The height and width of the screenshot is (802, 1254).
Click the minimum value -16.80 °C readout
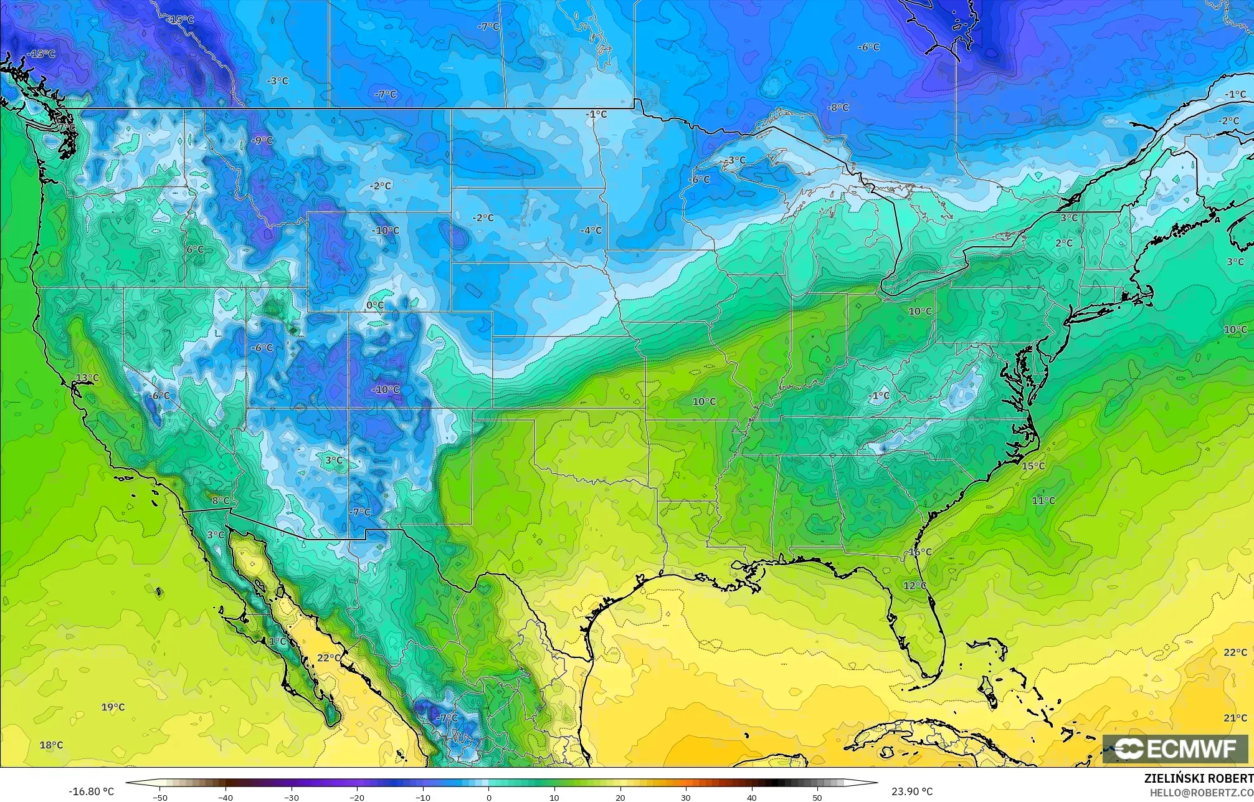coord(92,791)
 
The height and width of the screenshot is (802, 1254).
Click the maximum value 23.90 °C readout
coord(912,791)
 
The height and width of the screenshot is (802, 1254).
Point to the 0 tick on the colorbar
coord(489,798)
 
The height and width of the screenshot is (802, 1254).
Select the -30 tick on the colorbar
coord(292,798)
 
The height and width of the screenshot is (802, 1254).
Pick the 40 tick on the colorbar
coord(752,798)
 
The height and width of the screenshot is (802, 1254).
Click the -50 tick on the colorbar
coord(161,798)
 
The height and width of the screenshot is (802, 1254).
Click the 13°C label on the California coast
coord(88,378)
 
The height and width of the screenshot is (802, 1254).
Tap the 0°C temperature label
coord(375,305)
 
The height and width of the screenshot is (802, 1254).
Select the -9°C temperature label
coord(262,140)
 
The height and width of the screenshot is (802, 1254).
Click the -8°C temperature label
coord(838,107)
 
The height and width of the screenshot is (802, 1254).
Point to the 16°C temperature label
coord(920,552)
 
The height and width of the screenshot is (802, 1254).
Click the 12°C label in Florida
coord(915,585)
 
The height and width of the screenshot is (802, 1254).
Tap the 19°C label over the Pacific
coord(113,707)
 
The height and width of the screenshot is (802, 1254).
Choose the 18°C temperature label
coord(52,745)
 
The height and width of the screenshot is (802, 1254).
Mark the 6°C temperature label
coord(195,249)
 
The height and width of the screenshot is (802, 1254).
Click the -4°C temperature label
coord(591,230)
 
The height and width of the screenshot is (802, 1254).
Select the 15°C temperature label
coord(1033,465)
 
